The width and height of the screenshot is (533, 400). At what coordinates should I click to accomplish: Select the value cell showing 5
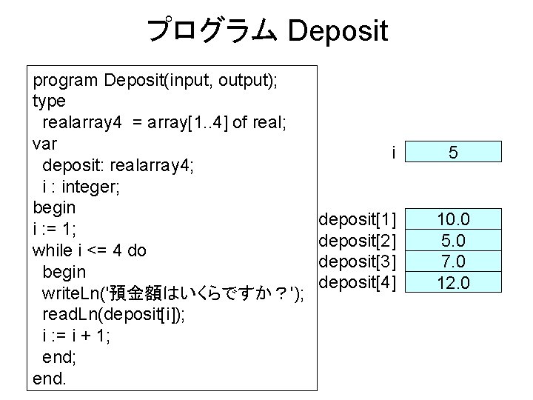tap(454, 153)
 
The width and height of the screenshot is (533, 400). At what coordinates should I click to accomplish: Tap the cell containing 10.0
tap(454, 219)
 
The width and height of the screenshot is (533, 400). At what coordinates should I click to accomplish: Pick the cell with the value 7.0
tap(454, 261)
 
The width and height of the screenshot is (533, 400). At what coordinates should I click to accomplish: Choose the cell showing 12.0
tap(454, 282)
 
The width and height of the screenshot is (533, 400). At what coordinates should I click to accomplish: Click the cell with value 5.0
tap(454, 241)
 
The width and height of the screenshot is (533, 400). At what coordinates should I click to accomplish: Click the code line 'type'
tap(49, 101)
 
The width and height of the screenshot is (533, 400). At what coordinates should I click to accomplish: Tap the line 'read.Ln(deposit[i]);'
tap(114, 313)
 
